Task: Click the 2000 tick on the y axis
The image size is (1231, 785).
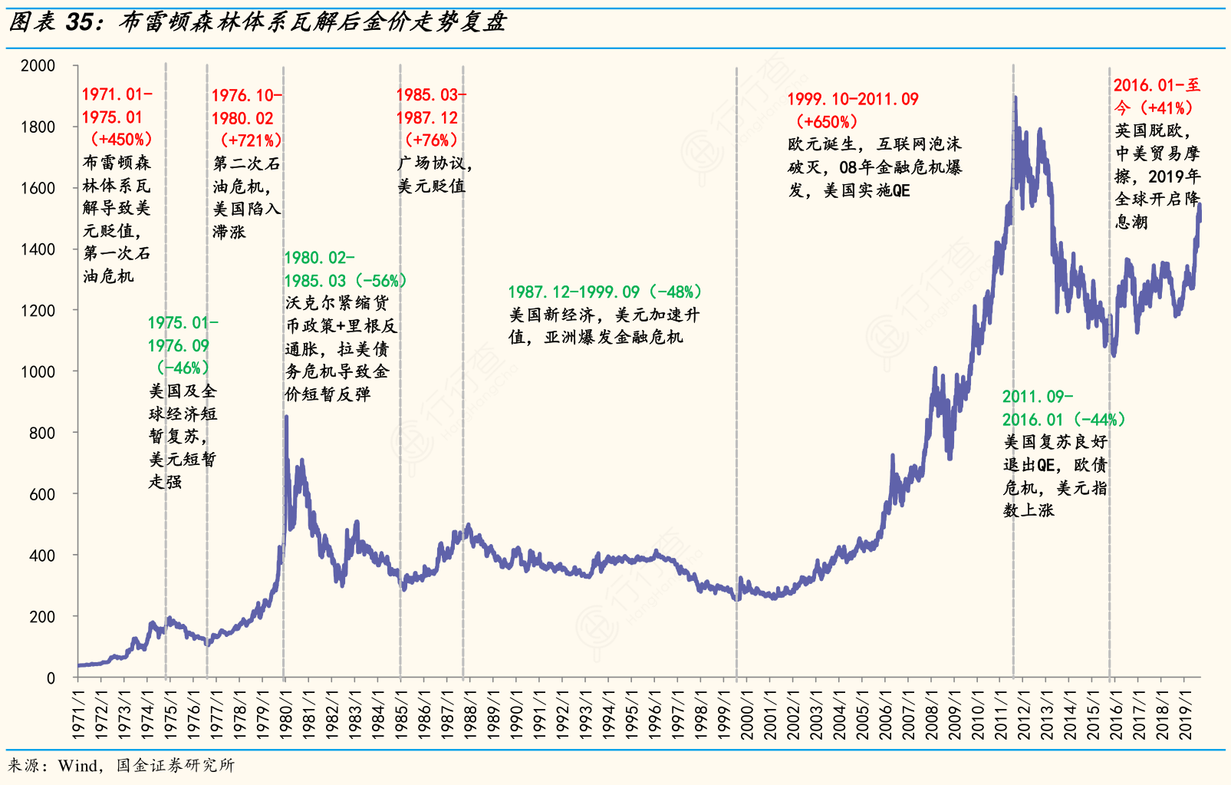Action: (38, 66)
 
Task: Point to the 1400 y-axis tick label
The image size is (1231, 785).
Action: (38, 249)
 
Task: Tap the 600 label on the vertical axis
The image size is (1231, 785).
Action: (42, 494)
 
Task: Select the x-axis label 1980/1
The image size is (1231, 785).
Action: (285, 714)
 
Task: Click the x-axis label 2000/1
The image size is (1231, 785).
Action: (747, 714)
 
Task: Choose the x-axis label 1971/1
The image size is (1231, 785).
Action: (77, 714)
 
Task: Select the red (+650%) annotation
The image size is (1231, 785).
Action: (827, 122)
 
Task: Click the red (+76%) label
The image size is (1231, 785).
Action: (431, 140)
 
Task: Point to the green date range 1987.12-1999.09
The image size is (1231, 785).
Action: (574, 292)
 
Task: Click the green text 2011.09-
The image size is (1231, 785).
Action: (1037, 397)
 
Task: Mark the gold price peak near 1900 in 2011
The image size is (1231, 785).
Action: (1015, 97)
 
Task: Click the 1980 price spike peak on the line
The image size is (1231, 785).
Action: (286, 417)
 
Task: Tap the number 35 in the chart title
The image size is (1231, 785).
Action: (80, 22)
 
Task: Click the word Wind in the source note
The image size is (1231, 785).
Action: (77, 765)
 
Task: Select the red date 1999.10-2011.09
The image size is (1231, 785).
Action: (852, 100)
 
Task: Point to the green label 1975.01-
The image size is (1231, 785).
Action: (183, 323)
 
